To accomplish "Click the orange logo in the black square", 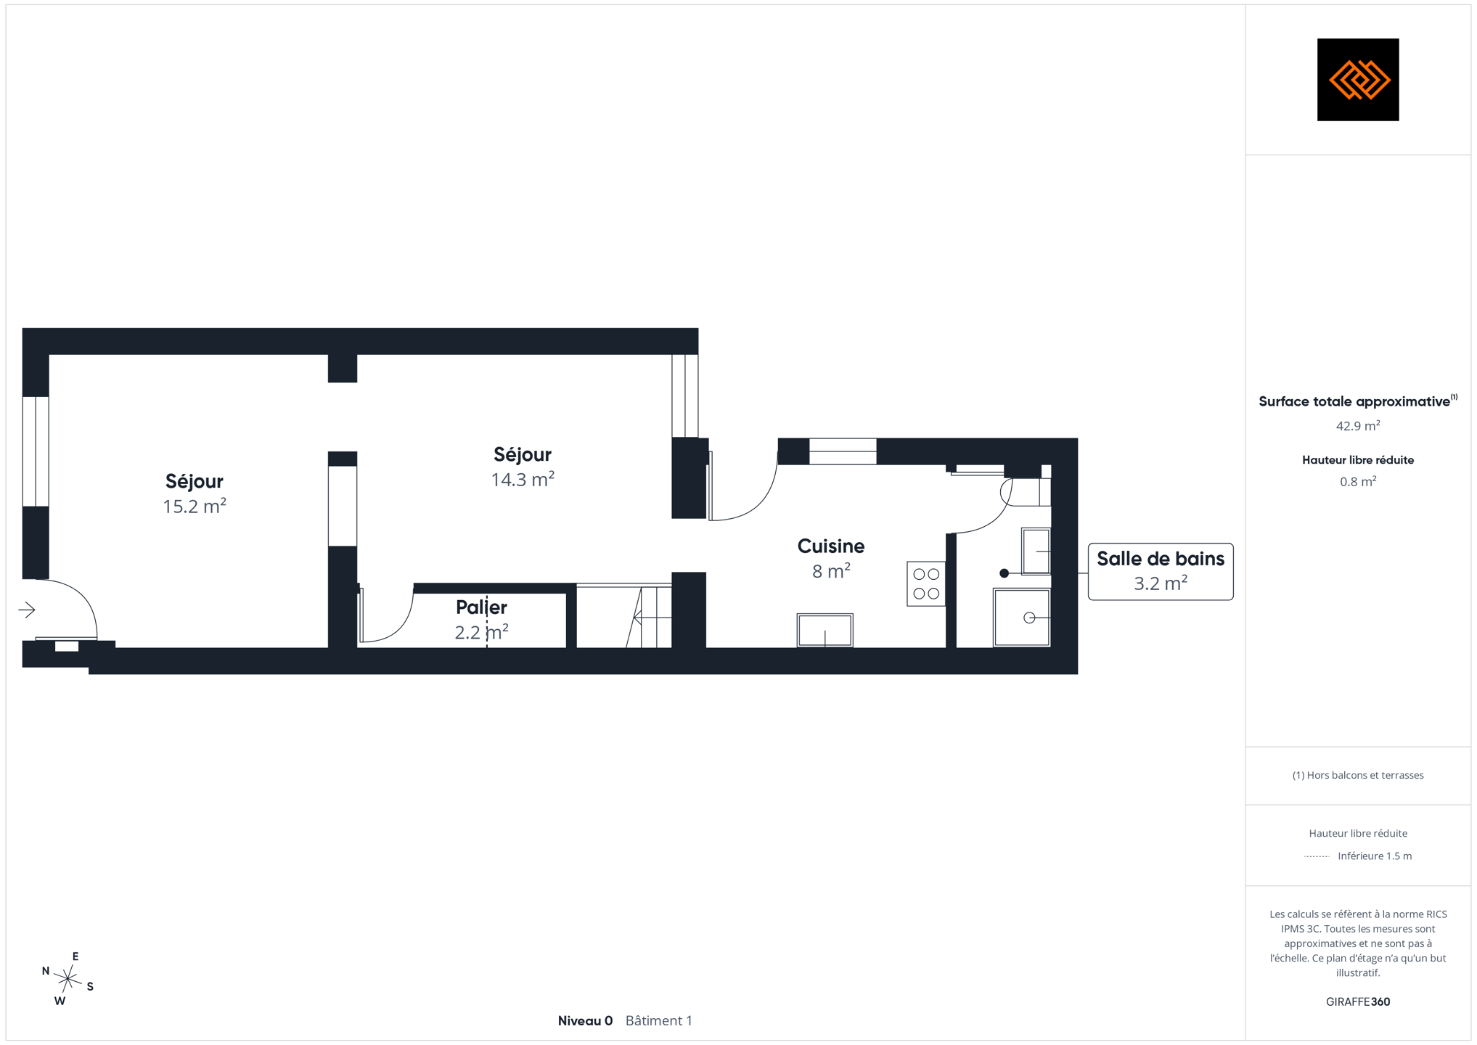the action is (1359, 80).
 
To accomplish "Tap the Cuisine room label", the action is (831, 546).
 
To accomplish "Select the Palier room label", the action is (481, 607).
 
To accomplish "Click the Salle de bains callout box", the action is (1161, 572).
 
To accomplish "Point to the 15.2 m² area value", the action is (195, 506).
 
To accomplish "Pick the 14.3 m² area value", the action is (523, 479).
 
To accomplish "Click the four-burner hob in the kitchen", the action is (926, 583).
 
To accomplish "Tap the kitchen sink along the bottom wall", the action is (825, 630).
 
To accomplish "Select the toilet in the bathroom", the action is (1026, 492).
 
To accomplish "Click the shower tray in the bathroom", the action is (1022, 618).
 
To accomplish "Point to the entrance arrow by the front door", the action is (27, 610).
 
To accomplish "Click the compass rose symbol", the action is (67, 979).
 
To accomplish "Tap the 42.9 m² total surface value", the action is (1358, 426).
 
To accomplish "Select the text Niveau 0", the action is (585, 1021).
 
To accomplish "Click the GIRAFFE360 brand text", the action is (1358, 1002).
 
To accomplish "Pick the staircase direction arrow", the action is (652, 618).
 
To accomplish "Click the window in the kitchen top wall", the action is (843, 451).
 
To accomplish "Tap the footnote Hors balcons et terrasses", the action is (1358, 775).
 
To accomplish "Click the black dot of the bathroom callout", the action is (1005, 573).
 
